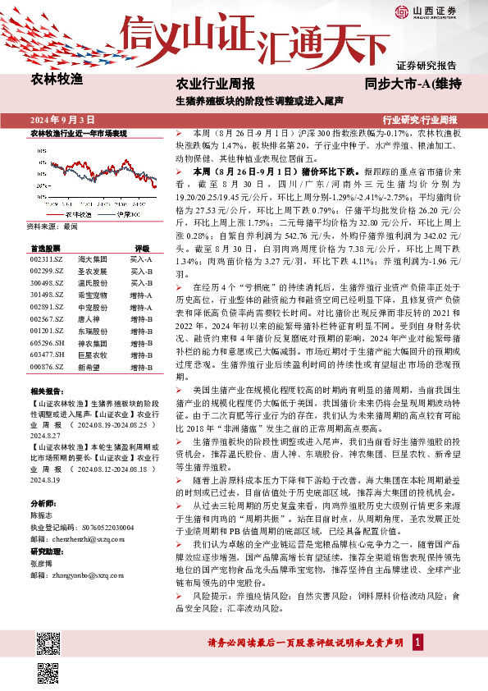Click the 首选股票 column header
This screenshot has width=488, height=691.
coord(45,247)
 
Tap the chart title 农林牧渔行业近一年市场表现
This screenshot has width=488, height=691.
coord(78,132)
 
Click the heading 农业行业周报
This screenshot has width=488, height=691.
coord(216,84)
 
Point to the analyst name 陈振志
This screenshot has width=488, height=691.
coord(41,512)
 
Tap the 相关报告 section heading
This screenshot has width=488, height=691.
coord(44,391)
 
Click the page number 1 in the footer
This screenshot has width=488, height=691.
coord(418,641)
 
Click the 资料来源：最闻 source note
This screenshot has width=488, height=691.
coord(52,225)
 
